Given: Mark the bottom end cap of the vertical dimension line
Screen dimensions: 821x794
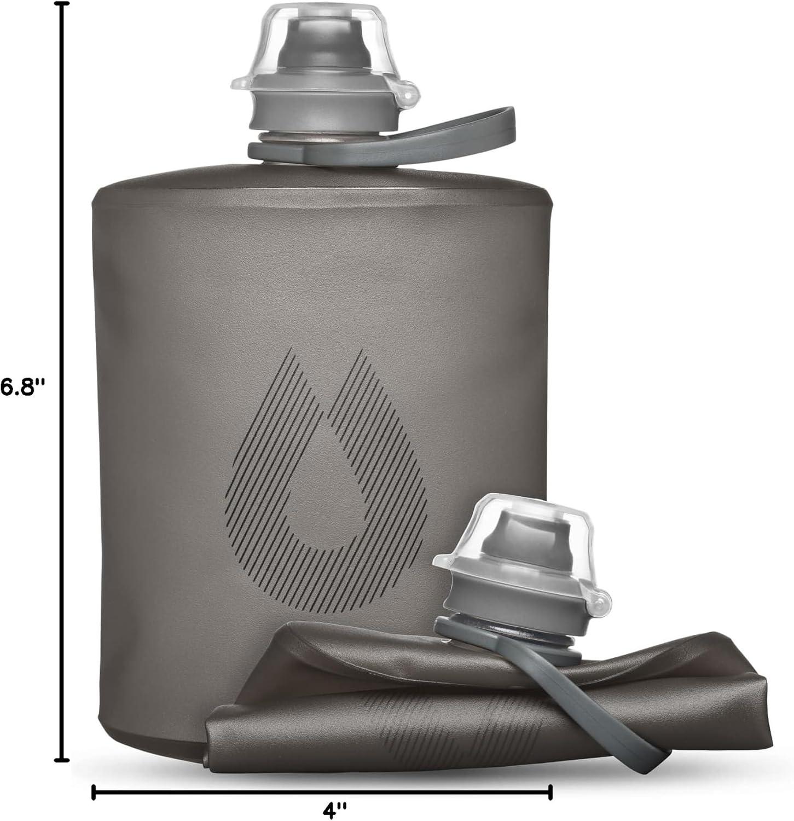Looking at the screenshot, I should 64,760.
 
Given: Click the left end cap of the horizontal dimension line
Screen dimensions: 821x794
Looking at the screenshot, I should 93,791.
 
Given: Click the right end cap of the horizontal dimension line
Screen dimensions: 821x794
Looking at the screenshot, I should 550,791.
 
